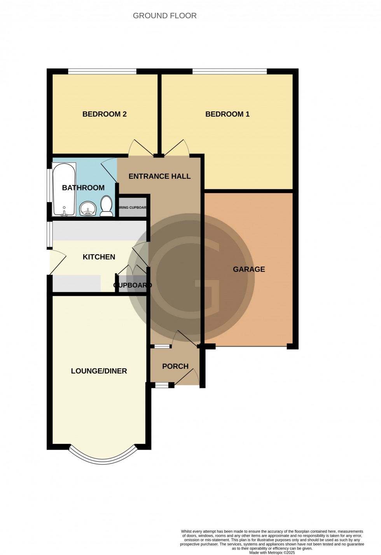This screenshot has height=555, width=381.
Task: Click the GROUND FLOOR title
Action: tap(164, 16)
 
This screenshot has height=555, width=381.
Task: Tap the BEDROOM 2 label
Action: tap(104, 114)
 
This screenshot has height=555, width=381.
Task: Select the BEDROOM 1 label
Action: tap(227, 114)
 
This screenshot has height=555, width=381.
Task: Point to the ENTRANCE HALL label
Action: tap(159, 176)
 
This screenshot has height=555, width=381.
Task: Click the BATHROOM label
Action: tap(83, 188)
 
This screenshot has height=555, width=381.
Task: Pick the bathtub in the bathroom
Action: tap(64, 190)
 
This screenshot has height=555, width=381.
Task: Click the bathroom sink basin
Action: tap(88, 208)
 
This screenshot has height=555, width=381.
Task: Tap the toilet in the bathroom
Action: tap(106, 206)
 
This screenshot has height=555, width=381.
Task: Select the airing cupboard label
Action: tap(133, 208)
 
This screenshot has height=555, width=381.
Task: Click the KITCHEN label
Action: tap(99, 257)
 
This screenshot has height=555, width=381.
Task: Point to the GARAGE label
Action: tap(249, 269)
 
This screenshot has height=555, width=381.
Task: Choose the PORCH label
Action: tap(175, 366)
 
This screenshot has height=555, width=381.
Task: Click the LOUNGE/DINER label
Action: tap(99, 371)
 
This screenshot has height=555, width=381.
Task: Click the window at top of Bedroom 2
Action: tap(102, 71)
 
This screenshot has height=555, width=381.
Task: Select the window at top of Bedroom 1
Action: tap(229, 71)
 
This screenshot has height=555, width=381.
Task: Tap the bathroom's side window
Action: tap(49, 185)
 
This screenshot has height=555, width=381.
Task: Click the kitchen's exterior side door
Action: tap(56, 262)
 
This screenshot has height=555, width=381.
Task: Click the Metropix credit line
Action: tap(272, 552)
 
